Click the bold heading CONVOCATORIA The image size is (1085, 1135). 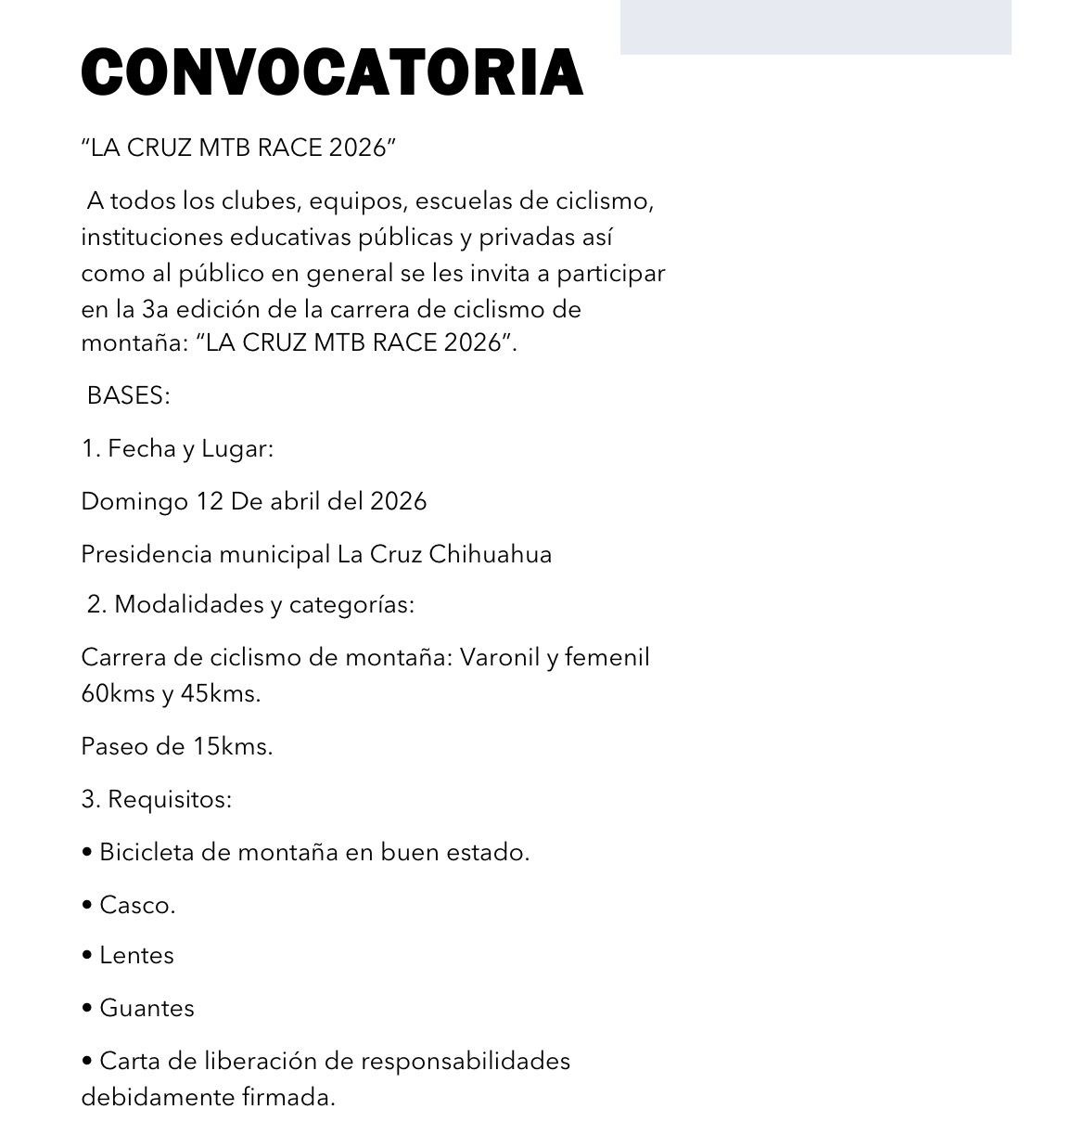click(332, 71)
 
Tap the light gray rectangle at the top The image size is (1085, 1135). click(815, 27)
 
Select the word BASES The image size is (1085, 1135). click(126, 395)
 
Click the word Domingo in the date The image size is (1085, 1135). click(134, 502)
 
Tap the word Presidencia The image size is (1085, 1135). click(146, 555)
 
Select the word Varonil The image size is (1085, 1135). click(499, 658)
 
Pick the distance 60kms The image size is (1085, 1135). click(117, 693)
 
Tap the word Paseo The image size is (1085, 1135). click(110, 746)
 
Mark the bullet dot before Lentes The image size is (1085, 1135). click(87, 956)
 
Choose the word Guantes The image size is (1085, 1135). click(147, 1009)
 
